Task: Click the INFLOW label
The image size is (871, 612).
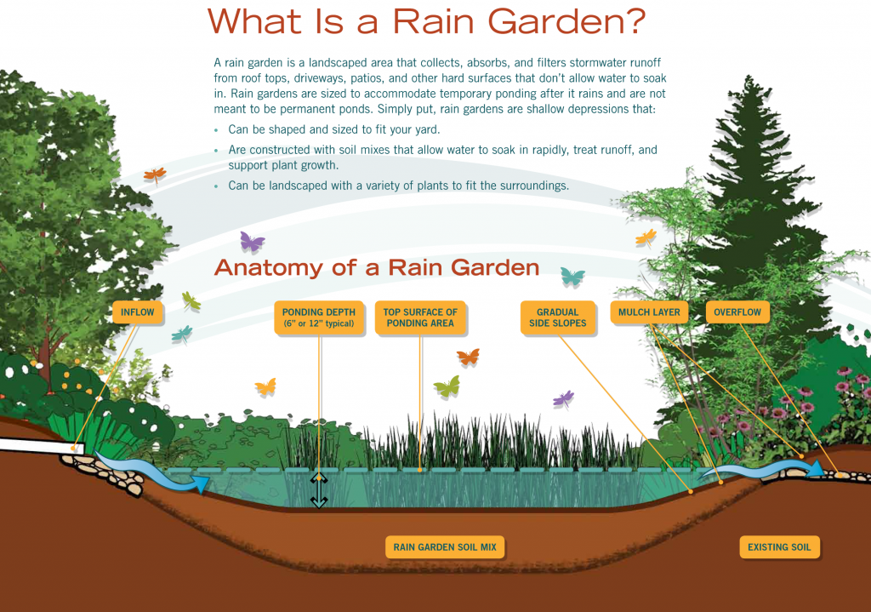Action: pos(138,312)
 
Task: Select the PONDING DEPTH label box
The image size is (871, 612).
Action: pos(319,318)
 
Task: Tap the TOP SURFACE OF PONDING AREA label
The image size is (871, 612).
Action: pos(420,318)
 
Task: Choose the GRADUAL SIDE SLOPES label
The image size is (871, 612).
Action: pos(558,318)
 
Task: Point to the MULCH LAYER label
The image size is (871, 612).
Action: pos(649,312)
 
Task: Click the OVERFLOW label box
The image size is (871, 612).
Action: pos(737,312)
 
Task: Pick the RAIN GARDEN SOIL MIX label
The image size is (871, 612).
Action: pos(445,547)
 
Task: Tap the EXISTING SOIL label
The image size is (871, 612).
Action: pos(779,547)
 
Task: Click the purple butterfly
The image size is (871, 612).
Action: pos(252,242)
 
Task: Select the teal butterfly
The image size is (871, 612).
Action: pos(572,276)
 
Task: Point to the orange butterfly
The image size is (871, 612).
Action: pos(469,357)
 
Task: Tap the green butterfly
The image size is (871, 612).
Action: pos(447,386)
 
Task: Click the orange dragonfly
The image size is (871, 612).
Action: pos(155,175)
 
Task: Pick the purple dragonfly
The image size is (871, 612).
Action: pos(563,399)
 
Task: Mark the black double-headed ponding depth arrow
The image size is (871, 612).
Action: pos(319,490)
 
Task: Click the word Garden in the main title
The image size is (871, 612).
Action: pos(566,22)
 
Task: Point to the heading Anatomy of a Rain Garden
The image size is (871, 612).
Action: pos(377,268)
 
